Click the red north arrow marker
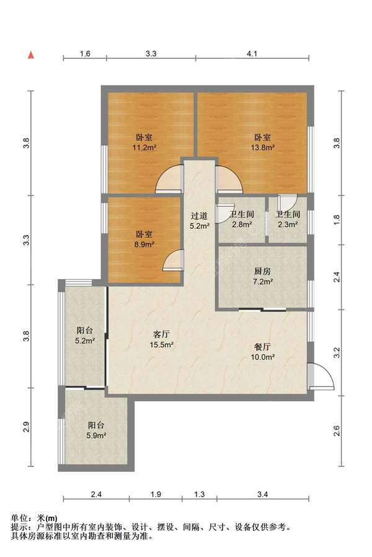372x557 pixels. point(31,55)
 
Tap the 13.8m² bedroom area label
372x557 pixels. point(263,148)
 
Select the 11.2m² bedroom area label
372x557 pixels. point(144,148)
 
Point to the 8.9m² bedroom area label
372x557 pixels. point(144,244)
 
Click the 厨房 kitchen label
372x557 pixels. point(263,272)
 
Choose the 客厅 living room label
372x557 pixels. point(161,334)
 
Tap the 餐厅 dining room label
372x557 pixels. point(263,347)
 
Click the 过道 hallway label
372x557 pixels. point(199,216)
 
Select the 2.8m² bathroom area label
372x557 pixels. point(242,225)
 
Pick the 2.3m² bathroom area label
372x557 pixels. point(288,225)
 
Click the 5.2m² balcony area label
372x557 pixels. point(84,341)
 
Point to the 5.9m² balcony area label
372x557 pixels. point(97,435)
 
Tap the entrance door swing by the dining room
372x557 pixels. point(321,376)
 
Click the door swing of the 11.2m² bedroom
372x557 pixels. point(169,179)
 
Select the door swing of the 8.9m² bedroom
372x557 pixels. point(173,260)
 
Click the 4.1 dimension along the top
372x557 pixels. point(252,53)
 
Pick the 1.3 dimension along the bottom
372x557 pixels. point(200,494)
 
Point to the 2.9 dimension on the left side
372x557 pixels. point(26,427)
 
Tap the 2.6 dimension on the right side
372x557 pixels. point(337,431)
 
